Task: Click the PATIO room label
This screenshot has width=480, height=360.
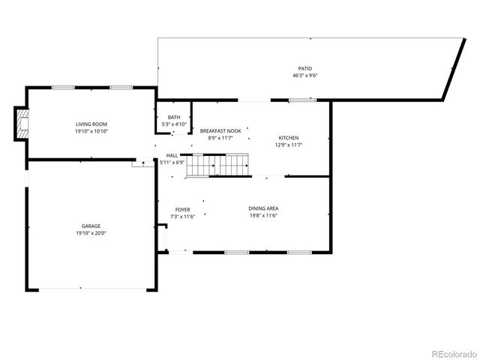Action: click(304, 68)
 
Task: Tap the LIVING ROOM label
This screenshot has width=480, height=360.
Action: click(91, 124)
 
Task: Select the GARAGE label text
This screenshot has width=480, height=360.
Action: click(91, 226)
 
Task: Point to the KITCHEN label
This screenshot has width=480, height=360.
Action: click(289, 138)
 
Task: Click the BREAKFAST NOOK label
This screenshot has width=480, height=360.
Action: click(220, 130)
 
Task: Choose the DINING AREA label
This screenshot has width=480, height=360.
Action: click(263, 208)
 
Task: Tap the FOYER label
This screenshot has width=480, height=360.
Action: click(182, 209)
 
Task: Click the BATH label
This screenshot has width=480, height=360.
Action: click(174, 117)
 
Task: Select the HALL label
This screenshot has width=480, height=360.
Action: click(172, 156)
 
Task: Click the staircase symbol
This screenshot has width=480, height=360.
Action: click(217, 166)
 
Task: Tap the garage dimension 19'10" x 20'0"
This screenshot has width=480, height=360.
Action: click(91, 233)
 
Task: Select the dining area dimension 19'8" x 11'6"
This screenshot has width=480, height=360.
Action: click(263, 216)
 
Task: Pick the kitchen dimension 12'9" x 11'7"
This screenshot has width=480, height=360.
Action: click(289, 145)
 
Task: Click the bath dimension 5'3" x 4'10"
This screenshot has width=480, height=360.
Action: click(174, 124)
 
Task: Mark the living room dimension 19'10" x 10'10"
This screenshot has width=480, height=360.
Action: click(91, 131)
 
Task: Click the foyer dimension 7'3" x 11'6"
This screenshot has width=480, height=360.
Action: click(182, 217)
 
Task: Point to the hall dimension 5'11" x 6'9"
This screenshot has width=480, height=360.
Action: click(172, 163)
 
